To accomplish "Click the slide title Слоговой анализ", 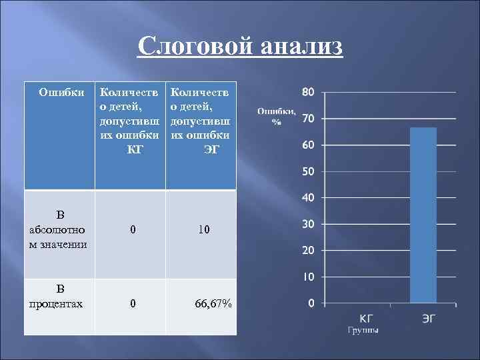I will tap(241, 47).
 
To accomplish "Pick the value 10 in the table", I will tap(204, 230).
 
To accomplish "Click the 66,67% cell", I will tap(213, 304).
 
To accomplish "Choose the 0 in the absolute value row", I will tap(133, 230).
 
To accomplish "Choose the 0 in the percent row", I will tap(133, 304).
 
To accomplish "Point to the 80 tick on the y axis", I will tap(308, 92).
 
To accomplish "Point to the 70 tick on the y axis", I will tap(308, 119).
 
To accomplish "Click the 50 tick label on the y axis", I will tap(308, 171).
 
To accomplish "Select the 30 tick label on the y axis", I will tap(308, 224).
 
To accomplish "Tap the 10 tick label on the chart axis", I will tap(308, 277).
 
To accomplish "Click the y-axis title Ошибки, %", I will tap(273, 116).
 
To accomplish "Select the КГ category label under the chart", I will tap(367, 318).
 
